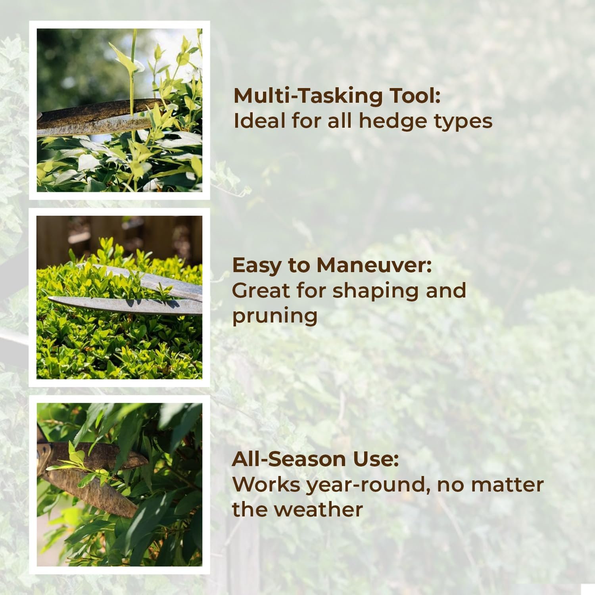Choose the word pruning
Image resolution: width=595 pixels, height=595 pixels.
click(x=274, y=317)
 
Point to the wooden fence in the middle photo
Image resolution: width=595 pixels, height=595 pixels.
click(x=119, y=234)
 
